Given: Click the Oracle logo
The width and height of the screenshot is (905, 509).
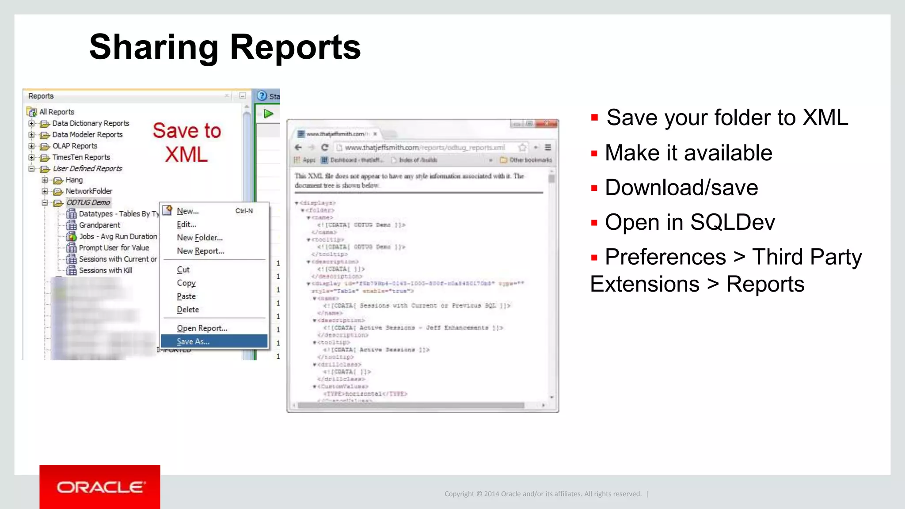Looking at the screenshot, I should click(x=100, y=487).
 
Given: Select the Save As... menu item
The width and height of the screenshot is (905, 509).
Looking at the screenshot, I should click(x=193, y=342).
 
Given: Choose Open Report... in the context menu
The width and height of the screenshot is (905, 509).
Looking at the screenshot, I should click(x=202, y=328).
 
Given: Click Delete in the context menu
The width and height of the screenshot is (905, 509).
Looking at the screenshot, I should click(x=188, y=310).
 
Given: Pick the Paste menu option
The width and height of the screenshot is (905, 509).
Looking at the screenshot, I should click(x=186, y=296).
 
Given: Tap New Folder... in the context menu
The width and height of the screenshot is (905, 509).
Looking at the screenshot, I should click(x=200, y=238).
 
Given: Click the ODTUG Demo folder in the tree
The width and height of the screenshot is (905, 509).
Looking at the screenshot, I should click(x=88, y=202).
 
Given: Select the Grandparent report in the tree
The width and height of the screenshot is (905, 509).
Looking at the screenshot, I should click(x=99, y=225).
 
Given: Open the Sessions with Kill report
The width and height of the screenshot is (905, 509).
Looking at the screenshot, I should click(x=105, y=270).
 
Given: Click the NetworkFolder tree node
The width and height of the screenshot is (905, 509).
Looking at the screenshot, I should click(x=89, y=191).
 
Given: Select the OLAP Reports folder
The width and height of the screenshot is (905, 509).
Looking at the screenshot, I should click(x=75, y=146).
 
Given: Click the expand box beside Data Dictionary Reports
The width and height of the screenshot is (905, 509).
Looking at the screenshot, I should click(x=31, y=123).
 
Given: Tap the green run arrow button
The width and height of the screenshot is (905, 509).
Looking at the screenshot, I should click(x=268, y=114).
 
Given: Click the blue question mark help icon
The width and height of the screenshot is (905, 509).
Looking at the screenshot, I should click(x=262, y=96).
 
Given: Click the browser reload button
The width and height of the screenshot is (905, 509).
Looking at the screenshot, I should click(x=325, y=148).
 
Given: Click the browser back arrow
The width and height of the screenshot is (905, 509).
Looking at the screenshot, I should click(x=298, y=148).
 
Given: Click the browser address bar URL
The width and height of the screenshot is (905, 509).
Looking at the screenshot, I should click(x=424, y=148).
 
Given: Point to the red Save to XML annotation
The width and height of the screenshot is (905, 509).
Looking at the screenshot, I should click(x=186, y=142).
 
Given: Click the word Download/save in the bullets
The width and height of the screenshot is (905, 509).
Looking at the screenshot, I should click(x=681, y=187).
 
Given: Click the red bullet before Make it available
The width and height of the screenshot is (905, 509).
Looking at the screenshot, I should click(x=594, y=154).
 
